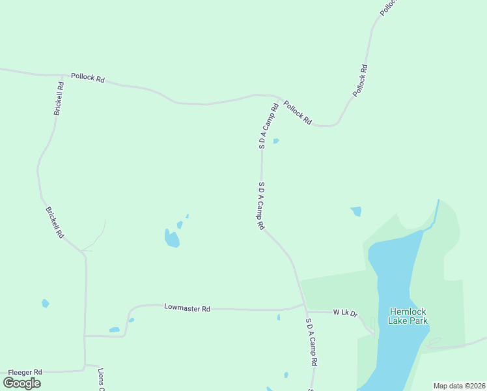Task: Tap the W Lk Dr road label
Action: pyautogui.click(x=346, y=313)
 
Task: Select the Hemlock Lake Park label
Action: pyautogui.click(x=408, y=316)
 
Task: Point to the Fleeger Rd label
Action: pyautogui.click(x=24, y=371)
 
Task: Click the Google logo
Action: pyautogui.click(x=22, y=383)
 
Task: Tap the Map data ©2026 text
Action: pyautogui.click(x=459, y=386)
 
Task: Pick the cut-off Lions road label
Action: pyautogui.click(x=101, y=381)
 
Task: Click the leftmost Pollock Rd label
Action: pyautogui.click(x=88, y=78)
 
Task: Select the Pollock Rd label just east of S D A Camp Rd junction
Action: pyautogui.click(x=298, y=113)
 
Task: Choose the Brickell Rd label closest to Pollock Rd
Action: pyautogui.click(x=59, y=98)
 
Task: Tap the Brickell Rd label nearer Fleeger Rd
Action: pyautogui.click(x=55, y=222)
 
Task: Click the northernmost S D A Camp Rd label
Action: pyautogui.click(x=268, y=126)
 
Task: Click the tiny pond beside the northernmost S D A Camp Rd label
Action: pyautogui.click(x=276, y=141)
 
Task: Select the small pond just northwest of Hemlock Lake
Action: pyautogui.click(x=355, y=211)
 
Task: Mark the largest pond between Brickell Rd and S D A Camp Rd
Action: pyautogui.click(x=172, y=239)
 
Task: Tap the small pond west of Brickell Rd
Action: pyautogui.click(x=45, y=303)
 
